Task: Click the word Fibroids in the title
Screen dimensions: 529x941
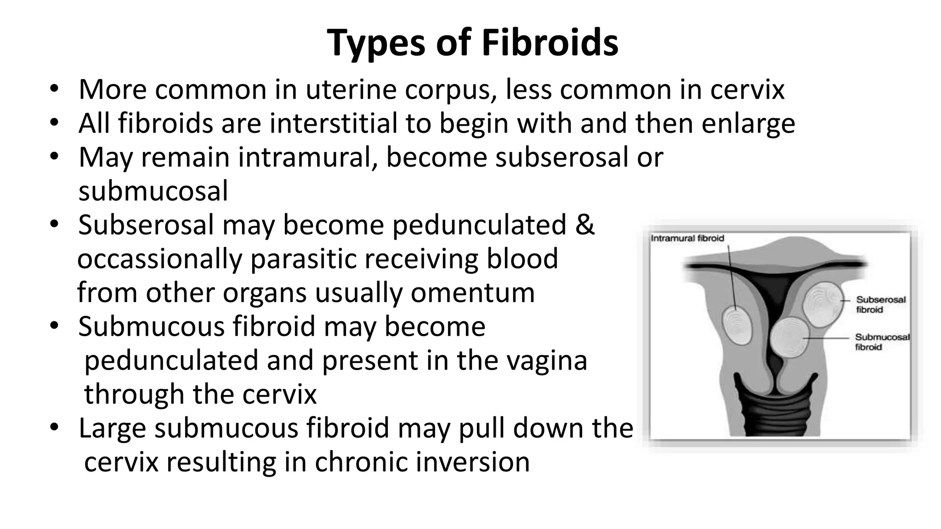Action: (x=550, y=43)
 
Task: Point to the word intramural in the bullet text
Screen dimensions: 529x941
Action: (x=308, y=157)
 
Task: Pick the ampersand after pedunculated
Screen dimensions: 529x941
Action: (x=584, y=225)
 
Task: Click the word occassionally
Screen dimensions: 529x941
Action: (x=159, y=259)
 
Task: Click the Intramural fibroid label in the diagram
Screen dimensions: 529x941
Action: (x=687, y=238)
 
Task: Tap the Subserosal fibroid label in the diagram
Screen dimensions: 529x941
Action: (x=881, y=304)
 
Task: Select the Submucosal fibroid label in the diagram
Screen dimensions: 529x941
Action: (x=882, y=342)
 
